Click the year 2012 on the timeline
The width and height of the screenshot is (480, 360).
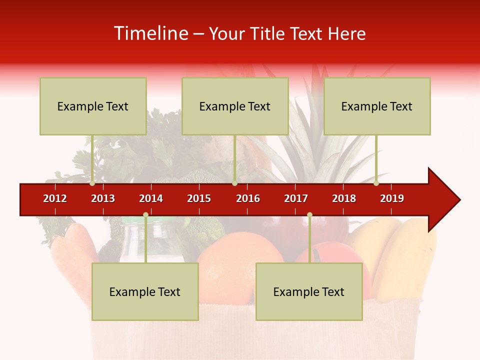[x=55, y=198]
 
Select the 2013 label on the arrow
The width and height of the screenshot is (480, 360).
[x=103, y=198]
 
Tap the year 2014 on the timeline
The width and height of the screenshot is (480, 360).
[x=151, y=198]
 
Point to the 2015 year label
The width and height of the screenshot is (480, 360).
[x=199, y=198]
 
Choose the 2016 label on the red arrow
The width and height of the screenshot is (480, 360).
[x=248, y=198]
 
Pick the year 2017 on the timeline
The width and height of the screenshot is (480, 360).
[x=296, y=198]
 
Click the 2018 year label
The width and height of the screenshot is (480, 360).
[x=344, y=198]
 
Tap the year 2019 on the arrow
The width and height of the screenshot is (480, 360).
[x=392, y=198]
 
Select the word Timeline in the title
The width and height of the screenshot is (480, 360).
[x=150, y=33]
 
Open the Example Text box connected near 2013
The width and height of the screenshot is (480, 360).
[x=93, y=106]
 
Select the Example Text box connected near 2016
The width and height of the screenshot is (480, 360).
[x=235, y=106]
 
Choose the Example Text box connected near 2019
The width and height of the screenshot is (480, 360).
[x=377, y=106]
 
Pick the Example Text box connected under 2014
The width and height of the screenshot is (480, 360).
[x=145, y=291]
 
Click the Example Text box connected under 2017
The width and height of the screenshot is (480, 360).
[x=309, y=291]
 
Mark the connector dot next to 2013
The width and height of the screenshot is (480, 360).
[x=92, y=183]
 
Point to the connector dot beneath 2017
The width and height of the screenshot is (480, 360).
[x=309, y=215]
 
